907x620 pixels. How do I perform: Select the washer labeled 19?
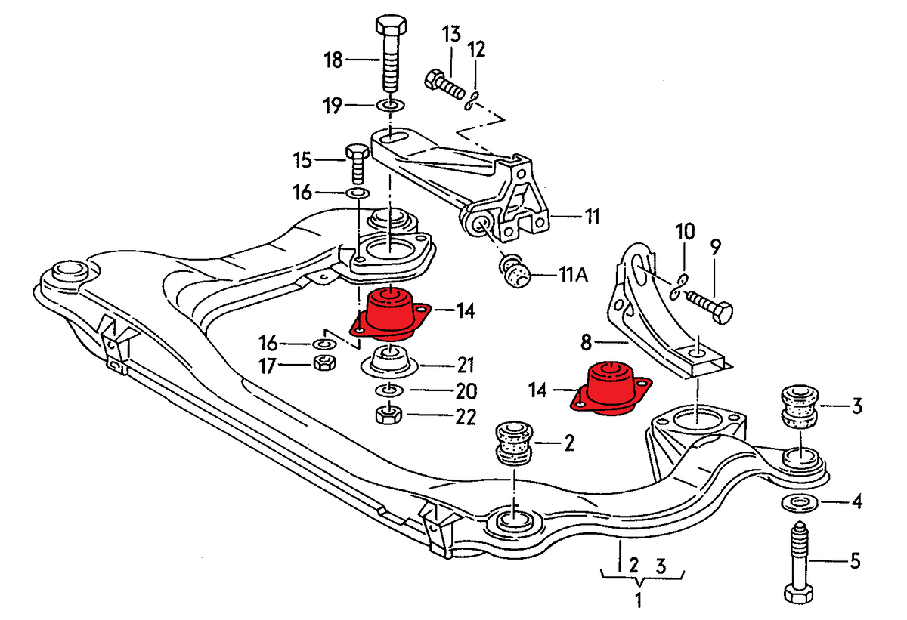click(388, 103)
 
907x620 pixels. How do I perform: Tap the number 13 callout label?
click(450, 34)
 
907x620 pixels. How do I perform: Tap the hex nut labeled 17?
click(323, 364)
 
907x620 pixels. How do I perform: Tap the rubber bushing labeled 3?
click(798, 408)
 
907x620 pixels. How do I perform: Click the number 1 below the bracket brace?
click(639, 602)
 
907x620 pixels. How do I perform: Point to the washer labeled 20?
click(388, 390)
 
